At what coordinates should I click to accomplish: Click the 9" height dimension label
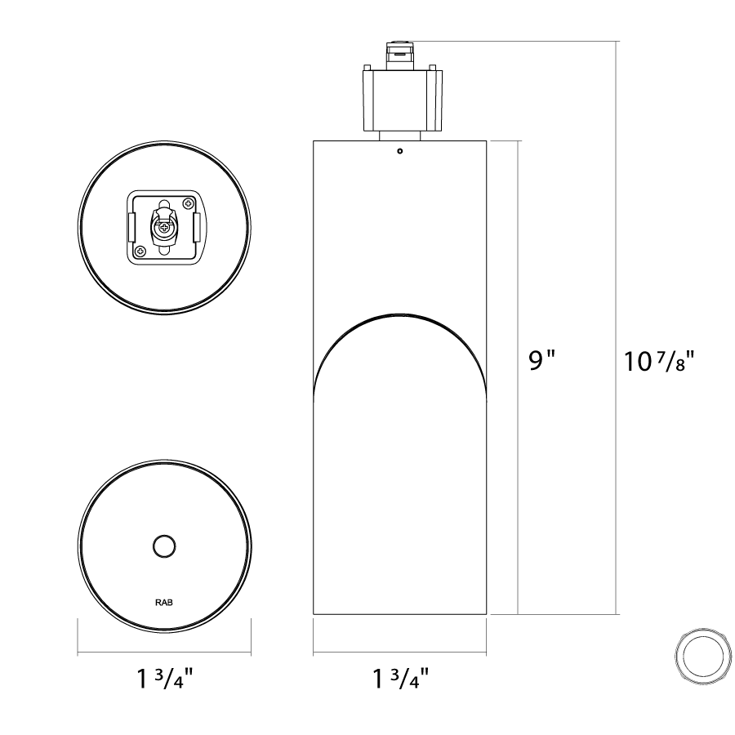(x=541, y=360)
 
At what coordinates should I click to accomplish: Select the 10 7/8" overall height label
(x=658, y=361)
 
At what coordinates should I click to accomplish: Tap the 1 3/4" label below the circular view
(x=164, y=679)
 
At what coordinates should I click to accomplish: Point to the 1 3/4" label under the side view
(x=400, y=679)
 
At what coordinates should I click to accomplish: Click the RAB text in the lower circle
(x=164, y=603)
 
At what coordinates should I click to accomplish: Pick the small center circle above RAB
(x=164, y=546)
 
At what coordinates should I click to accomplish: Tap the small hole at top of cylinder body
(x=400, y=151)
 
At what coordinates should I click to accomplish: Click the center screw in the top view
(x=164, y=229)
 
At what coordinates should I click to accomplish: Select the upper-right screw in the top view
(x=189, y=204)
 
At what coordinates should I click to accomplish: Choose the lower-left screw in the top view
(x=140, y=252)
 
